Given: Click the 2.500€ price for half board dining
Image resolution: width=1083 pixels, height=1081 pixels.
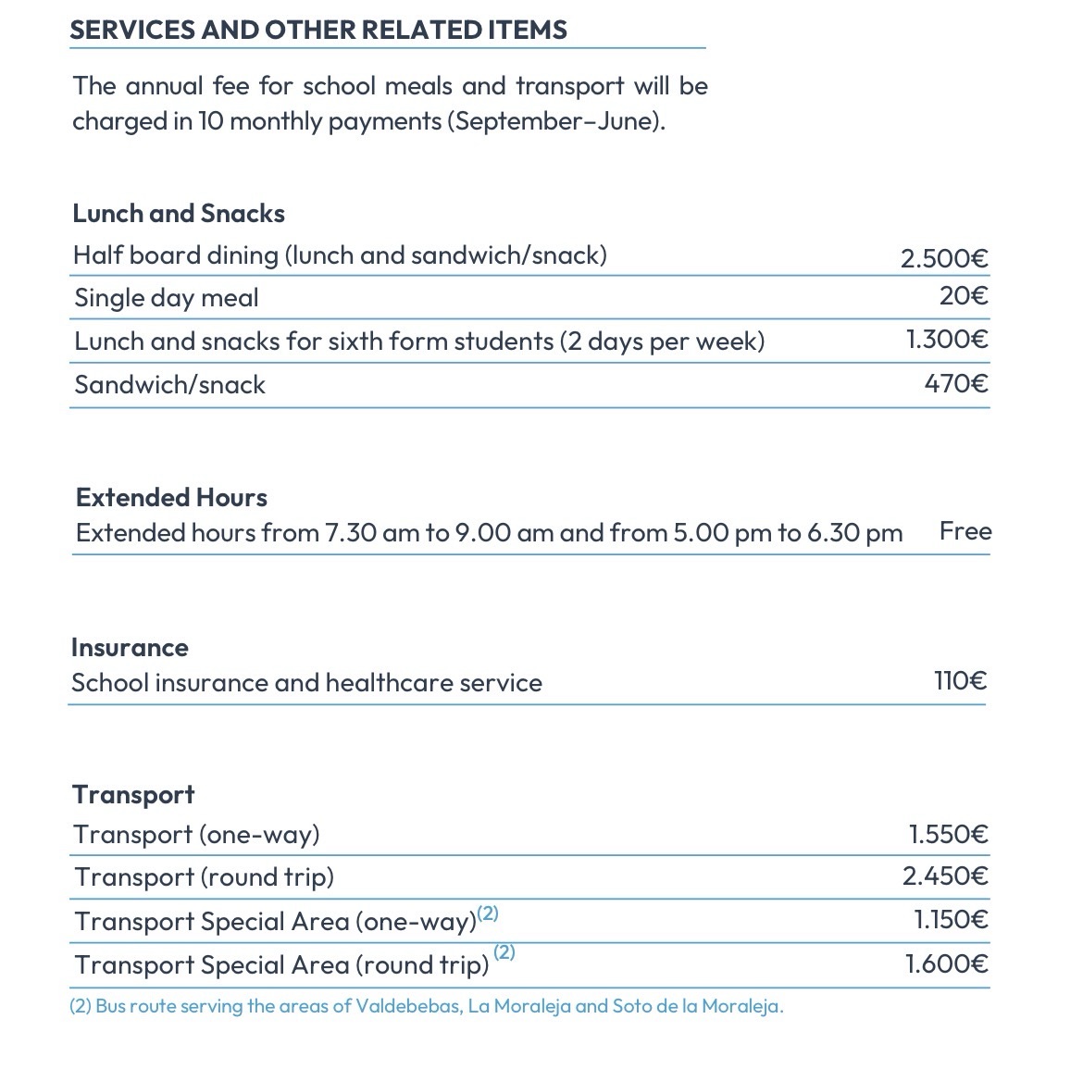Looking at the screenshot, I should (944, 257).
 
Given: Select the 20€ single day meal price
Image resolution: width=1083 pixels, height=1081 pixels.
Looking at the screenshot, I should (964, 296).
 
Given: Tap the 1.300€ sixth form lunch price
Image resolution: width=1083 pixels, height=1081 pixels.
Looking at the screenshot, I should (947, 340).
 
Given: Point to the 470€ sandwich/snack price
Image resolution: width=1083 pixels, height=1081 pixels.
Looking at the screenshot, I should (956, 383).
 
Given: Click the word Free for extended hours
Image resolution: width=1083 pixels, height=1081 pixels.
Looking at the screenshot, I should (965, 531).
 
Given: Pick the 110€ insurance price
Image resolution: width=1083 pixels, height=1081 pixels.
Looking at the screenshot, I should (960, 681).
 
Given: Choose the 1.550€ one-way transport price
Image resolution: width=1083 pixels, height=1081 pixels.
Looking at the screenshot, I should (948, 834).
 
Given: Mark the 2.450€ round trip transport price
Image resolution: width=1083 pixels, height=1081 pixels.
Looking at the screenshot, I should (945, 876).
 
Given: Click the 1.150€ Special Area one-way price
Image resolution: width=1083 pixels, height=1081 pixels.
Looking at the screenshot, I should (951, 919).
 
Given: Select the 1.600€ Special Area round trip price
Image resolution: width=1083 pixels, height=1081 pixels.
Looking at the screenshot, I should (946, 963).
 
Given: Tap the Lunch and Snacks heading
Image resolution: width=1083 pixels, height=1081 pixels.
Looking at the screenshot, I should (179, 214).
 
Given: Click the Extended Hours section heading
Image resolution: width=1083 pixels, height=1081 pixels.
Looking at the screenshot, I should (171, 498).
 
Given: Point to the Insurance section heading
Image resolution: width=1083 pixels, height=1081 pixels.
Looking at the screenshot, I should (130, 648).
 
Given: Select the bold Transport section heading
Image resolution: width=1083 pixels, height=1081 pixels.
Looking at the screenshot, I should (133, 795).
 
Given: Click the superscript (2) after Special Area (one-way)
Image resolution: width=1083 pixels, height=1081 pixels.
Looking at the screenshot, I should (488, 913).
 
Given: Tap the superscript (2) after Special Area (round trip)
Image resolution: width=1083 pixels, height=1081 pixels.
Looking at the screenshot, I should (504, 951).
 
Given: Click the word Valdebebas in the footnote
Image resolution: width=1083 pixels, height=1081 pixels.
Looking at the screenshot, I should (408, 1006).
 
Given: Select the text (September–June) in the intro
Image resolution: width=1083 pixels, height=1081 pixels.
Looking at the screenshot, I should (555, 121).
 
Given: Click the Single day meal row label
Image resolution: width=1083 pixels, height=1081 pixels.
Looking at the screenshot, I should (167, 298).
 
